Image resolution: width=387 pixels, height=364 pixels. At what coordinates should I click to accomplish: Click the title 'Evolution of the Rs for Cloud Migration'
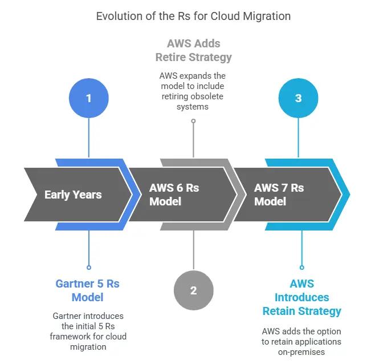[x=193, y=16]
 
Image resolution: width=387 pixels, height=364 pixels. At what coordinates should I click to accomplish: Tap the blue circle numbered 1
[x=88, y=98]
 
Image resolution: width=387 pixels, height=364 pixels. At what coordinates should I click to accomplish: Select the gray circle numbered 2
[x=193, y=290]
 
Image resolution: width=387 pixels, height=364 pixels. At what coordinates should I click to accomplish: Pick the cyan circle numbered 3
[x=298, y=98]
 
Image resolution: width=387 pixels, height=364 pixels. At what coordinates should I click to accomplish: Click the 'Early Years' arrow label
[x=73, y=195]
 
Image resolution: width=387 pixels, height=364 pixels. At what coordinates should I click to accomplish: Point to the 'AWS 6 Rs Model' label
[x=174, y=195]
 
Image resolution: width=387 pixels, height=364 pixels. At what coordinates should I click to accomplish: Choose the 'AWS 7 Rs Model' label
[x=279, y=195]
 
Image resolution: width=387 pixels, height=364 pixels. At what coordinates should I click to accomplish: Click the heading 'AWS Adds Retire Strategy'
[x=193, y=50]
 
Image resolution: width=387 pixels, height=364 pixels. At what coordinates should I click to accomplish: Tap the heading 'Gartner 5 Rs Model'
[x=87, y=290]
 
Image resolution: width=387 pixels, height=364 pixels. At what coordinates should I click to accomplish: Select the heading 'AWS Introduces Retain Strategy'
[x=302, y=297]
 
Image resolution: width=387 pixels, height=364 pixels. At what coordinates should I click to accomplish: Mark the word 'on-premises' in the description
[x=302, y=352]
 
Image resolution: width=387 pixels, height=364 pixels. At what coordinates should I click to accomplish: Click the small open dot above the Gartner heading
[x=88, y=267]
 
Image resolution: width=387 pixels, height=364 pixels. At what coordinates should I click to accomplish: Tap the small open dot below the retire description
[x=193, y=121]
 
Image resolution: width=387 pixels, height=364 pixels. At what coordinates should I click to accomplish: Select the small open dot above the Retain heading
[x=302, y=267]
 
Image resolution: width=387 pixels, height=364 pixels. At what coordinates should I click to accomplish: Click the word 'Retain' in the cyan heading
[x=278, y=311]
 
